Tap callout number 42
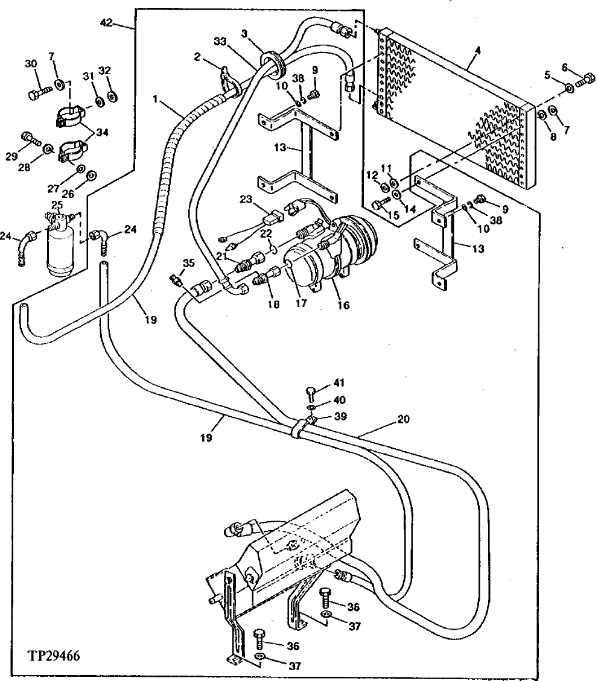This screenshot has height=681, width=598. click(106, 24)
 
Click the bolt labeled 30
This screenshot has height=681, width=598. click(37, 93)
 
